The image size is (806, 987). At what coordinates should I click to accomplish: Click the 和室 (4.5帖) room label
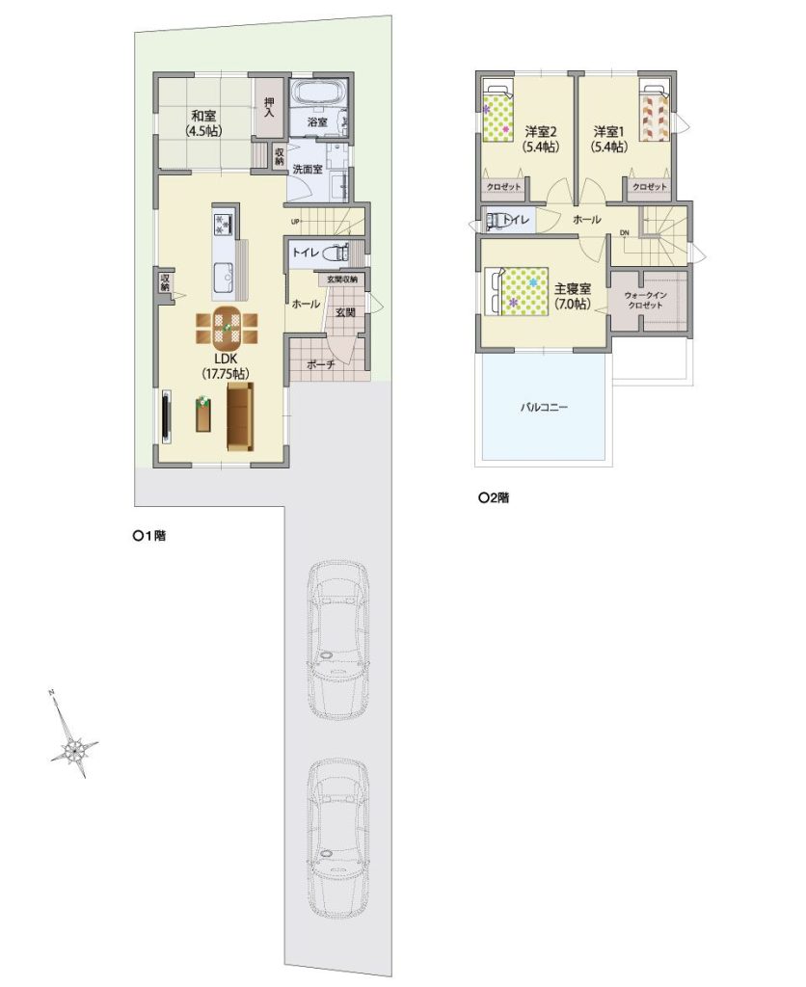[x=203, y=122]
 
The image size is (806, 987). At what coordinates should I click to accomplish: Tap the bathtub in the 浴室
[x=318, y=95]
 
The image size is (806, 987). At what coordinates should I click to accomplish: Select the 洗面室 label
[x=308, y=169]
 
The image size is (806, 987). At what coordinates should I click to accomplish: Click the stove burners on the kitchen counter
[x=225, y=225]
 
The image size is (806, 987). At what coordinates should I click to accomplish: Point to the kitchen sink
[x=224, y=275]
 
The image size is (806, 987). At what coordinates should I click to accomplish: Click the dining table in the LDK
[x=227, y=328]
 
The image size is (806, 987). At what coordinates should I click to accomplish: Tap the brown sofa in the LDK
[x=239, y=416]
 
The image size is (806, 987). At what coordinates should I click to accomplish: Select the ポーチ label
[x=320, y=364]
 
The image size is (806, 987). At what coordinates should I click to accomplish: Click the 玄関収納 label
[x=342, y=279]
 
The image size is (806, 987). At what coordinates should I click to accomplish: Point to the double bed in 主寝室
[x=518, y=291]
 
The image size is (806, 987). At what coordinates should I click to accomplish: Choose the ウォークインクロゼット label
[x=645, y=300]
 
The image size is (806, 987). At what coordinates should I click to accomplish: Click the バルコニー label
[x=544, y=408]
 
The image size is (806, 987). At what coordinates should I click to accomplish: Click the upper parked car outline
[x=338, y=640]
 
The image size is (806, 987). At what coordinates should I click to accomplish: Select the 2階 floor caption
[x=494, y=498]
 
